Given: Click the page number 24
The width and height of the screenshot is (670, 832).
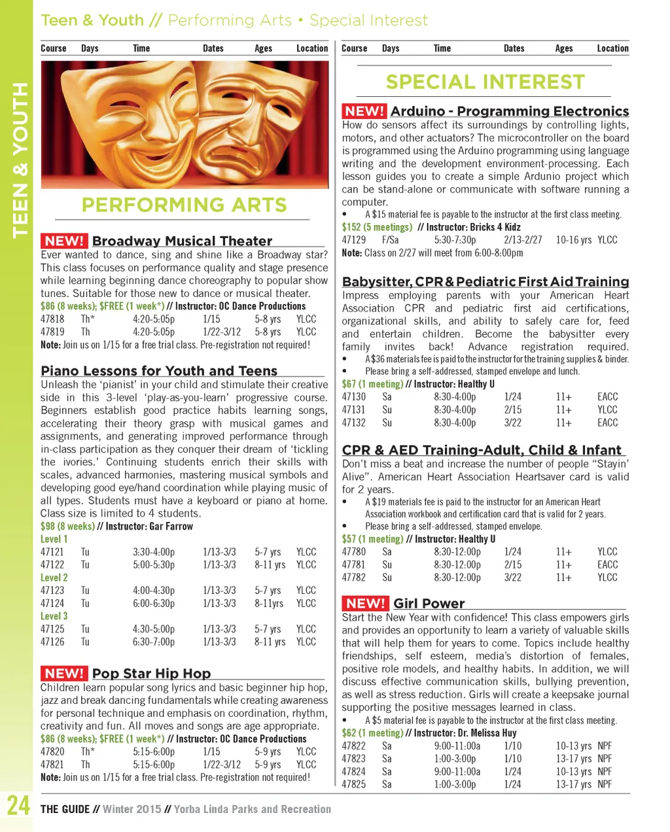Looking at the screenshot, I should (x=18, y=805).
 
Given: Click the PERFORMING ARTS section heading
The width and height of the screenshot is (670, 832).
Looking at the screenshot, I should (x=184, y=205).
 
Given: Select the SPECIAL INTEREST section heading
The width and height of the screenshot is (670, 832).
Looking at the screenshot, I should (x=485, y=82).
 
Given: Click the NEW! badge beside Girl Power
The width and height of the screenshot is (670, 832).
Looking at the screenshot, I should (x=365, y=603).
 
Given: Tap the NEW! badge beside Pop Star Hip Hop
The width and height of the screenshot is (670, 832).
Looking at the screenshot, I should (x=64, y=673).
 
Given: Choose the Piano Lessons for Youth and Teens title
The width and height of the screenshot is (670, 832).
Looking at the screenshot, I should (x=159, y=371).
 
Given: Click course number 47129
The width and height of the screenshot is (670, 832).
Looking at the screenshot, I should (x=354, y=240).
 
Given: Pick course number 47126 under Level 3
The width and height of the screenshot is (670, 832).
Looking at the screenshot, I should (x=52, y=642).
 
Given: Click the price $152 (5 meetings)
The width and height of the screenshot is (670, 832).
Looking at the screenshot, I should (x=377, y=227).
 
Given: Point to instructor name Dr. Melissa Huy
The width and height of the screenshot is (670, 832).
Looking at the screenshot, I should (x=487, y=733).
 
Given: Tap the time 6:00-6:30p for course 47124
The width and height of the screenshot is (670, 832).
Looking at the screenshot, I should (x=154, y=603).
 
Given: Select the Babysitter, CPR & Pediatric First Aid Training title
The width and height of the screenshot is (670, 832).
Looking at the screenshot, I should (x=485, y=282).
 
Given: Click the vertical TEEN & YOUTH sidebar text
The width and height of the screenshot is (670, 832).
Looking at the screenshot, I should (x=20, y=160).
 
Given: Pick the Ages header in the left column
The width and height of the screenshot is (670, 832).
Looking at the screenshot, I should (x=263, y=48).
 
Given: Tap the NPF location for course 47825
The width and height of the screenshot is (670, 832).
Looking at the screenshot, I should (x=605, y=784).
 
